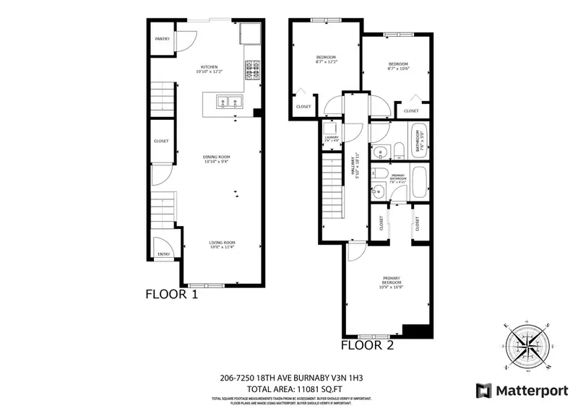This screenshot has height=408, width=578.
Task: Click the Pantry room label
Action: (163, 39)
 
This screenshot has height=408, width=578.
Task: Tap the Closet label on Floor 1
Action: (161, 142)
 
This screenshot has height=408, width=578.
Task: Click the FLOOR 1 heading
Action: (172, 294)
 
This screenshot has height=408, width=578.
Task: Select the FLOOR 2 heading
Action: (367, 345)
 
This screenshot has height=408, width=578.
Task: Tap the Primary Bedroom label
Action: (390, 282)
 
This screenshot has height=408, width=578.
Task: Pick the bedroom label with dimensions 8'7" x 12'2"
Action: (327, 60)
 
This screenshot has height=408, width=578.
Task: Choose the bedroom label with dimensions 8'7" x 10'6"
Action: (398, 66)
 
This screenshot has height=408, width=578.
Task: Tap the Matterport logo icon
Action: (482, 390)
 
